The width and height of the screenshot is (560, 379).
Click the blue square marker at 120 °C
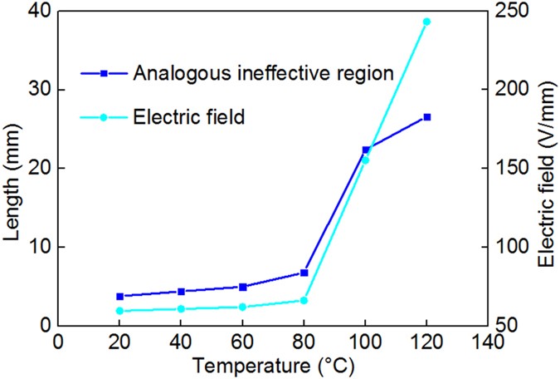click(426, 117)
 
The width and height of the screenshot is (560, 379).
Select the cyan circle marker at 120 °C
click(426, 22)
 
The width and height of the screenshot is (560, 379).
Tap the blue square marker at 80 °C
click(304, 273)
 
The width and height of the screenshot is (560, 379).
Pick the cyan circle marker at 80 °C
click(304, 300)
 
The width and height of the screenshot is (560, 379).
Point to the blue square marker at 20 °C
click(119, 296)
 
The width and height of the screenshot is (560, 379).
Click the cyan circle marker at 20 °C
click(119, 311)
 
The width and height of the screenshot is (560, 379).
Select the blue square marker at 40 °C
click(181, 291)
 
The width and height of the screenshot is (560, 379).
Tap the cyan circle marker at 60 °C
click(242, 307)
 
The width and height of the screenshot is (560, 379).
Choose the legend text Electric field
click(188, 117)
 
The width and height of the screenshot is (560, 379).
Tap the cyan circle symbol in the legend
click(104, 117)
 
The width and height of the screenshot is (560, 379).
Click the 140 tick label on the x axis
click(487, 342)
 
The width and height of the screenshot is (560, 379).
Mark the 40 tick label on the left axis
click(39, 12)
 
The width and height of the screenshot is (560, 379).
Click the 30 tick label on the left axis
click(39, 90)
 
